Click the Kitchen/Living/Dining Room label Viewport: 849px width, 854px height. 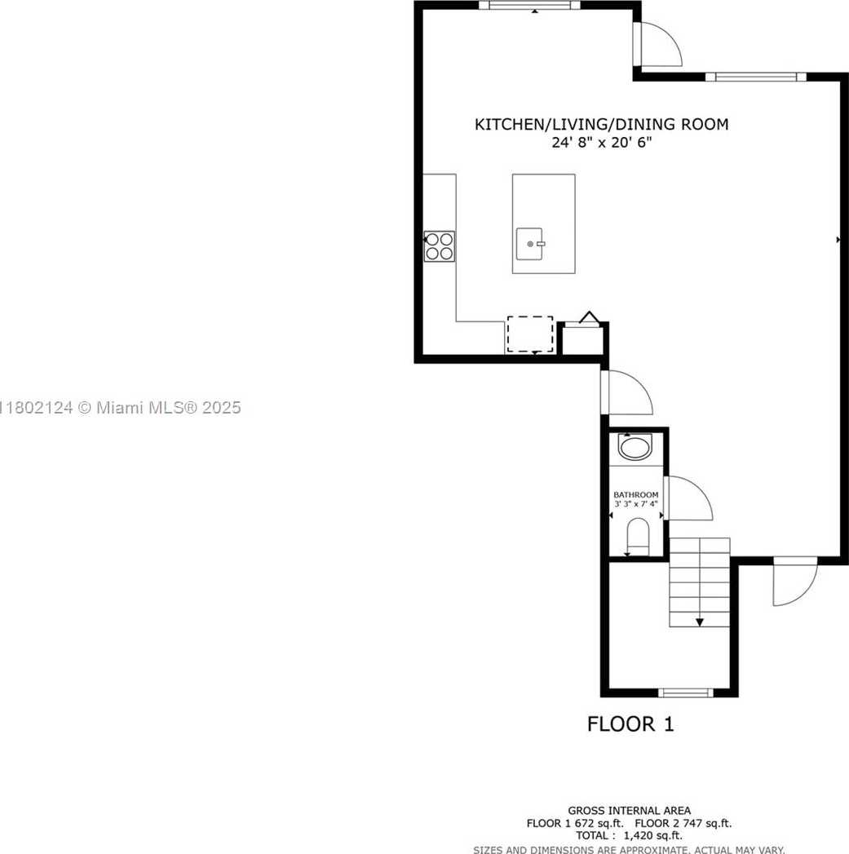pos(601,125)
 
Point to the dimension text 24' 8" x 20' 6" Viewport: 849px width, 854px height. pos(601,143)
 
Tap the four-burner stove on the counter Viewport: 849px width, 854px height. pos(440,246)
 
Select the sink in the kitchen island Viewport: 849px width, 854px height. pos(531,242)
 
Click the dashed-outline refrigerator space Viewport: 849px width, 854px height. pos(530,334)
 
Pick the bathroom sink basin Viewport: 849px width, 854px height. pos(635,447)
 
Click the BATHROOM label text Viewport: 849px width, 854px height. pos(636,495)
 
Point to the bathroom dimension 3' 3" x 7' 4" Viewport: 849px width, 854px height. pos(636,505)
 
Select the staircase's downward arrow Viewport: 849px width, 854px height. pos(700,622)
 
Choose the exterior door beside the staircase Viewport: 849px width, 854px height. pos(794,582)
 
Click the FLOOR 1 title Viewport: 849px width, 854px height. pos(630,723)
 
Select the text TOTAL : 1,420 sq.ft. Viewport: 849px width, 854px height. pos(629,835)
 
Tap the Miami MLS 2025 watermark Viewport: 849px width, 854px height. pos(122,407)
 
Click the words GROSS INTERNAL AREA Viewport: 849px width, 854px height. pos(629,811)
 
